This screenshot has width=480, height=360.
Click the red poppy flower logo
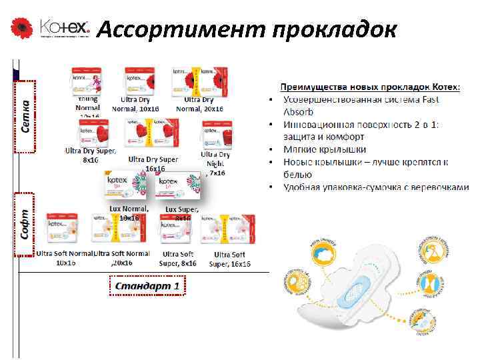(21, 28)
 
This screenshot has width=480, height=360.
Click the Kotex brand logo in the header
(64, 29)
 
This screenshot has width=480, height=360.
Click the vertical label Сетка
(25, 117)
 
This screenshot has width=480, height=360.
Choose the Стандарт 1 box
(147, 286)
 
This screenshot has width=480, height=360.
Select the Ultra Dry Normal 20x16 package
(201, 81)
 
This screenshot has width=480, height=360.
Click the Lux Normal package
(124, 187)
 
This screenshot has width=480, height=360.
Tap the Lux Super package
(179, 187)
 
